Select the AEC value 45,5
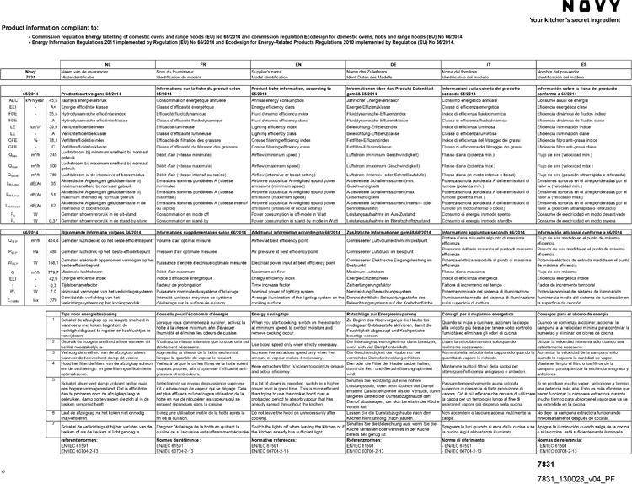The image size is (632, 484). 52,101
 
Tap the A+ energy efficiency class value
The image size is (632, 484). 52,108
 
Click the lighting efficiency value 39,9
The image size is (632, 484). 52,126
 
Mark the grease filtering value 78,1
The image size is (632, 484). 52,140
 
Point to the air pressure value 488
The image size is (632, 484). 52,250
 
